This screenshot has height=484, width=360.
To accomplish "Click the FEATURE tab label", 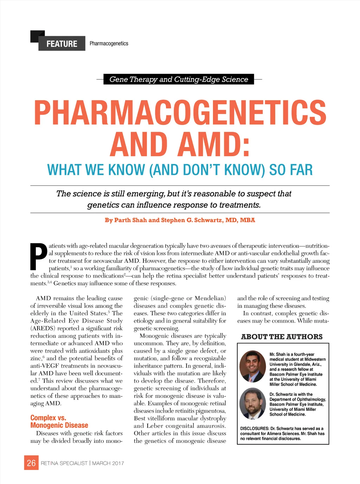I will pyautogui.click(x=62, y=44).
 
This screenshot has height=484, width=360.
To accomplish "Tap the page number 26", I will pyautogui.click(x=31, y=463).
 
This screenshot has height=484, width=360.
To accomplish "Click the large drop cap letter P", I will pyautogui.click(x=38, y=256).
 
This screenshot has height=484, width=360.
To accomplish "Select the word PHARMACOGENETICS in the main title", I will pyautogui.click(x=180, y=113).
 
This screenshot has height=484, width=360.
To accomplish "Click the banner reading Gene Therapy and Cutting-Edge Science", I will pyautogui.click(x=179, y=79).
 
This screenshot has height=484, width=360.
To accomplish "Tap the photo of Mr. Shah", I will pyautogui.click(x=252, y=367).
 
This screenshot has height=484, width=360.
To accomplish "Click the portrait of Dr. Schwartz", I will pyautogui.click(x=252, y=403).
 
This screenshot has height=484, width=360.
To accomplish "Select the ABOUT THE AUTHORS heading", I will pyautogui.click(x=282, y=337).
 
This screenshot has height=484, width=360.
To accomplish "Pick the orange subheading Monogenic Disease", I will pyautogui.click(x=59, y=425).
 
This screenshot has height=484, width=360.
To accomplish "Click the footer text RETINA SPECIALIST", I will pyautogui.click(x=64, y=463).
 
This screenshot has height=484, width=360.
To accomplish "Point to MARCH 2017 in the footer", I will pyautogui.click(x=108, y=463).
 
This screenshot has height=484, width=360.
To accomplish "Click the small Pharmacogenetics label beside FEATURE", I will pyautogui.click(x=109, y=44).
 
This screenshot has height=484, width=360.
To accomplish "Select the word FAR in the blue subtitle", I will pyautogui.click(x=301, y=170).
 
